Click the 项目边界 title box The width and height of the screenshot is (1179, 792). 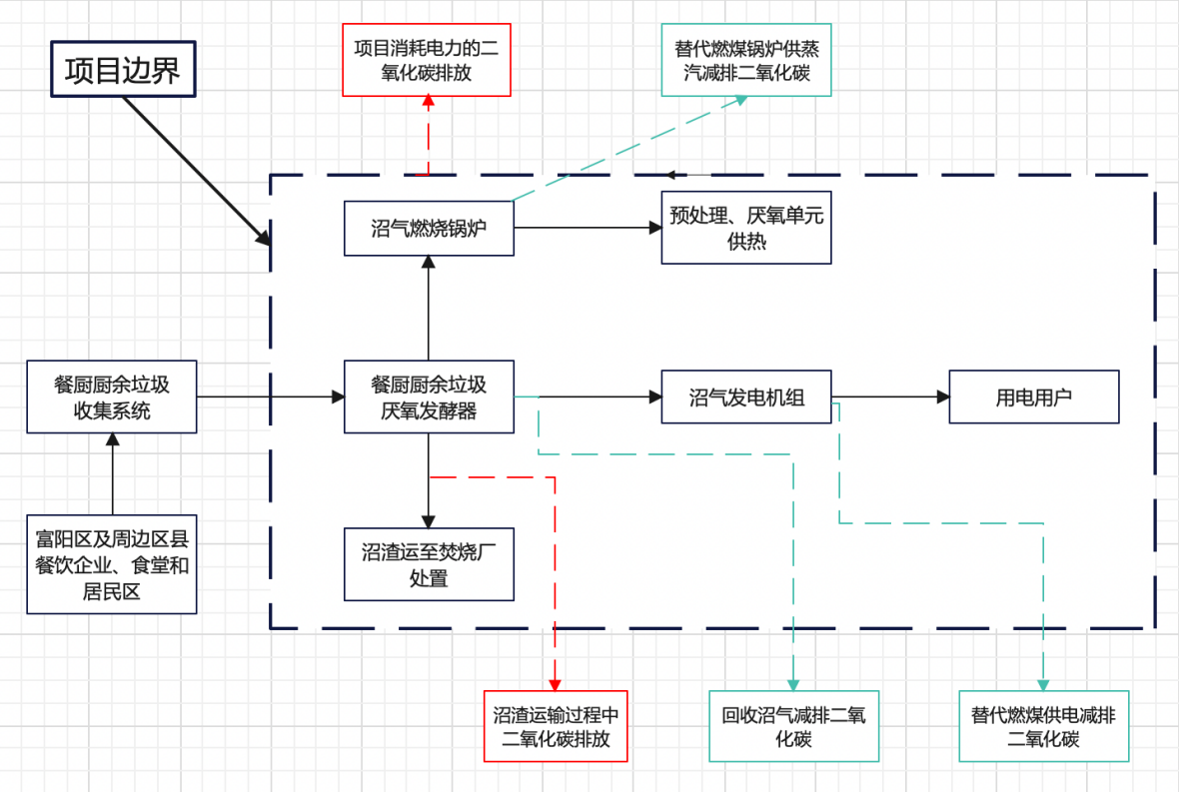[x=123, y=70]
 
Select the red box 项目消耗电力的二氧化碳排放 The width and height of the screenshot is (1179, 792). [x=427, y=60]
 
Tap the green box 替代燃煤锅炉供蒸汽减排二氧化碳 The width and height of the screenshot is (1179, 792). [x=746, y=60]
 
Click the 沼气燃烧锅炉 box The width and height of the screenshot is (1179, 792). [x=429, y=228]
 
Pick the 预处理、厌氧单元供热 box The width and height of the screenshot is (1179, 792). [x=746, y=228]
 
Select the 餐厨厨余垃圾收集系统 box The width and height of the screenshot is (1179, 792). [x=112, y=396]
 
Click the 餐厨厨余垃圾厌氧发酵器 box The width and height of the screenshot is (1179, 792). [x=429, y=396]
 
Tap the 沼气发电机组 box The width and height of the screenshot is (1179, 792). [x=746, y=396]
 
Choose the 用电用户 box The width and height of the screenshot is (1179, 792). [x=1034, y=396]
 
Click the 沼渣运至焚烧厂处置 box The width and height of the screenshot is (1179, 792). [x=429, y=564]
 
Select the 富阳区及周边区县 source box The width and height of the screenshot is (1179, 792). [x=112, y=564]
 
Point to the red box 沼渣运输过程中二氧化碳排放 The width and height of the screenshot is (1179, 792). [x=556, y=726]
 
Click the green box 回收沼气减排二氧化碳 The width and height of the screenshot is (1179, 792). [x=794, y=726]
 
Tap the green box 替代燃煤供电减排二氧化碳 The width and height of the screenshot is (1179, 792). [x=1044, y=726]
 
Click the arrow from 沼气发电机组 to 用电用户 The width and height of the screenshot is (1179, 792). [x=890, y=396]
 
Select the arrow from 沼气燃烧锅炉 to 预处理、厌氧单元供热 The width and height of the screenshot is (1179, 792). [x=588, y=228]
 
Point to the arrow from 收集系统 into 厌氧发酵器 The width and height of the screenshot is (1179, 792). [x=270, y=396]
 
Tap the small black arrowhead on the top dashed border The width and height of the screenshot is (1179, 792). [x=675, y=176]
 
